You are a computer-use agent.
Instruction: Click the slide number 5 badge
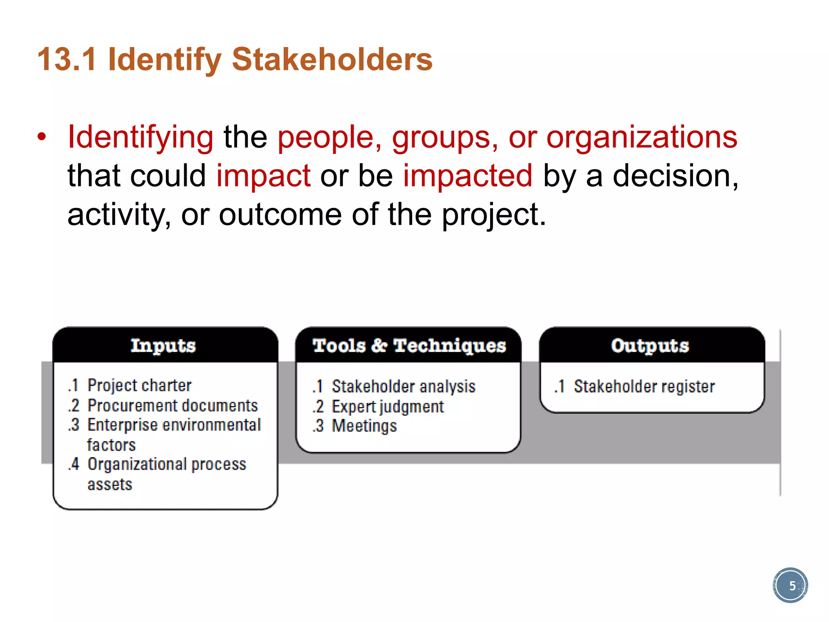pyautogui.click(x=790, y=585)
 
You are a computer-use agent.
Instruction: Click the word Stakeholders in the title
pyautogui.click(x=332, y=60)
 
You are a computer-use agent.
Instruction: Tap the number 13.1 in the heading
pyautogui.click(x=67, y=60)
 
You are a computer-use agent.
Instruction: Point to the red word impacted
pyautogui.click(x=468, y=176)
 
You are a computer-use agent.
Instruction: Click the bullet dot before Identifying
pyautogui.click(x=42, y=137)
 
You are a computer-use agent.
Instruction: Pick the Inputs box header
pyautogui.click(x=164, y=345)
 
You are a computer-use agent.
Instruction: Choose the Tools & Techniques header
pyautogui.click(x=409, y=345)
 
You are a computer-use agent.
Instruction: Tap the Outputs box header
pyautogui.click(x=650, y=345)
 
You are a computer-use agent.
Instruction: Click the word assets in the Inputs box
pyautogui.click(x=110, y=484)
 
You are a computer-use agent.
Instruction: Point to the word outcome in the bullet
pyautogui.click(x=280, y=215)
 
